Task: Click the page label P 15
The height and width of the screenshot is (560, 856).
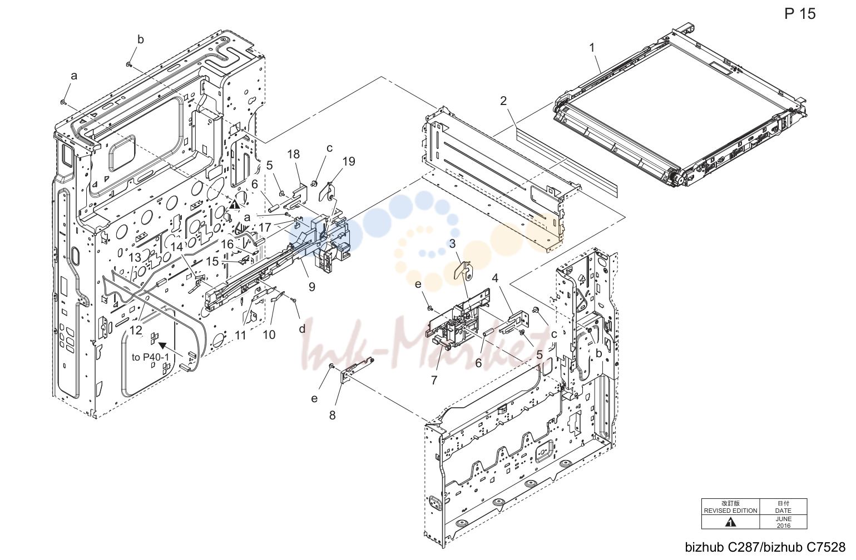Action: click(800, 14)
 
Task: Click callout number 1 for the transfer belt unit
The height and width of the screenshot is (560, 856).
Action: click(592, 48)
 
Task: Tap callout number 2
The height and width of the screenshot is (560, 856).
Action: click(503, 101)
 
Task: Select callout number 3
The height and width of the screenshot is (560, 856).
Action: click(452, 243)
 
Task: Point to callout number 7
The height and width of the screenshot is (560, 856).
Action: click(434, 380)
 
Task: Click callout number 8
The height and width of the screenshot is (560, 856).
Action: click(332, 416)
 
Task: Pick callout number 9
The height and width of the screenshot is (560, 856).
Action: click(312, 287)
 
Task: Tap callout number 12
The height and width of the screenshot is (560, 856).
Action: click(136, 330)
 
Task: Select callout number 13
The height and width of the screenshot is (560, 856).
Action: click(135, 257)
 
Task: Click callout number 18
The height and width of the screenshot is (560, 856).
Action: click(294, 154)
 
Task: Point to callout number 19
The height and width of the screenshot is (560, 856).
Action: click(349, 162)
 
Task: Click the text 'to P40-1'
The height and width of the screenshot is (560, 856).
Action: click(150, 357)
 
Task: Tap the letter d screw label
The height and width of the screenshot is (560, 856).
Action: click(302, 329)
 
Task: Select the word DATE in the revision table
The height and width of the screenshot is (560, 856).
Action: click(783, 511)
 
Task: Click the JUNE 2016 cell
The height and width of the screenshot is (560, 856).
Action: click(783, 522)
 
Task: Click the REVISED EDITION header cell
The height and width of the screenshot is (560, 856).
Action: click(731, 507)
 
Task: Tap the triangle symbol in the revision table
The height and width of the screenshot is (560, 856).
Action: click(731, 522)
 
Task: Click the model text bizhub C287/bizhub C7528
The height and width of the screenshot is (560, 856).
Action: click(765, 547)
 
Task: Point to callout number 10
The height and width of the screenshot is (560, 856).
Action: click(269, 335)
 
